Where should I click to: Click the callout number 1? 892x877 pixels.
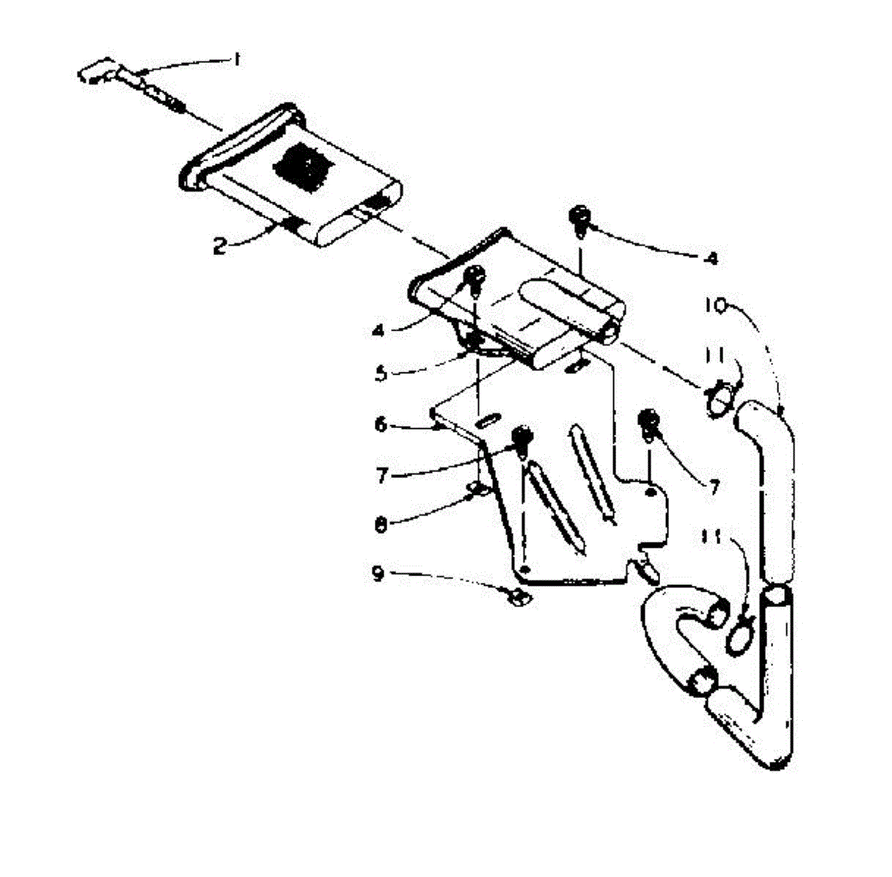point(236,60)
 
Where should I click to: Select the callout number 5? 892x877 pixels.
point(381,372)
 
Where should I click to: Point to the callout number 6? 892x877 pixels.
point(381,424)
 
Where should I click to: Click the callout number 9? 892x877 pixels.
point(378,573)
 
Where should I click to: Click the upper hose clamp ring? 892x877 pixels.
point(720,398)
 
